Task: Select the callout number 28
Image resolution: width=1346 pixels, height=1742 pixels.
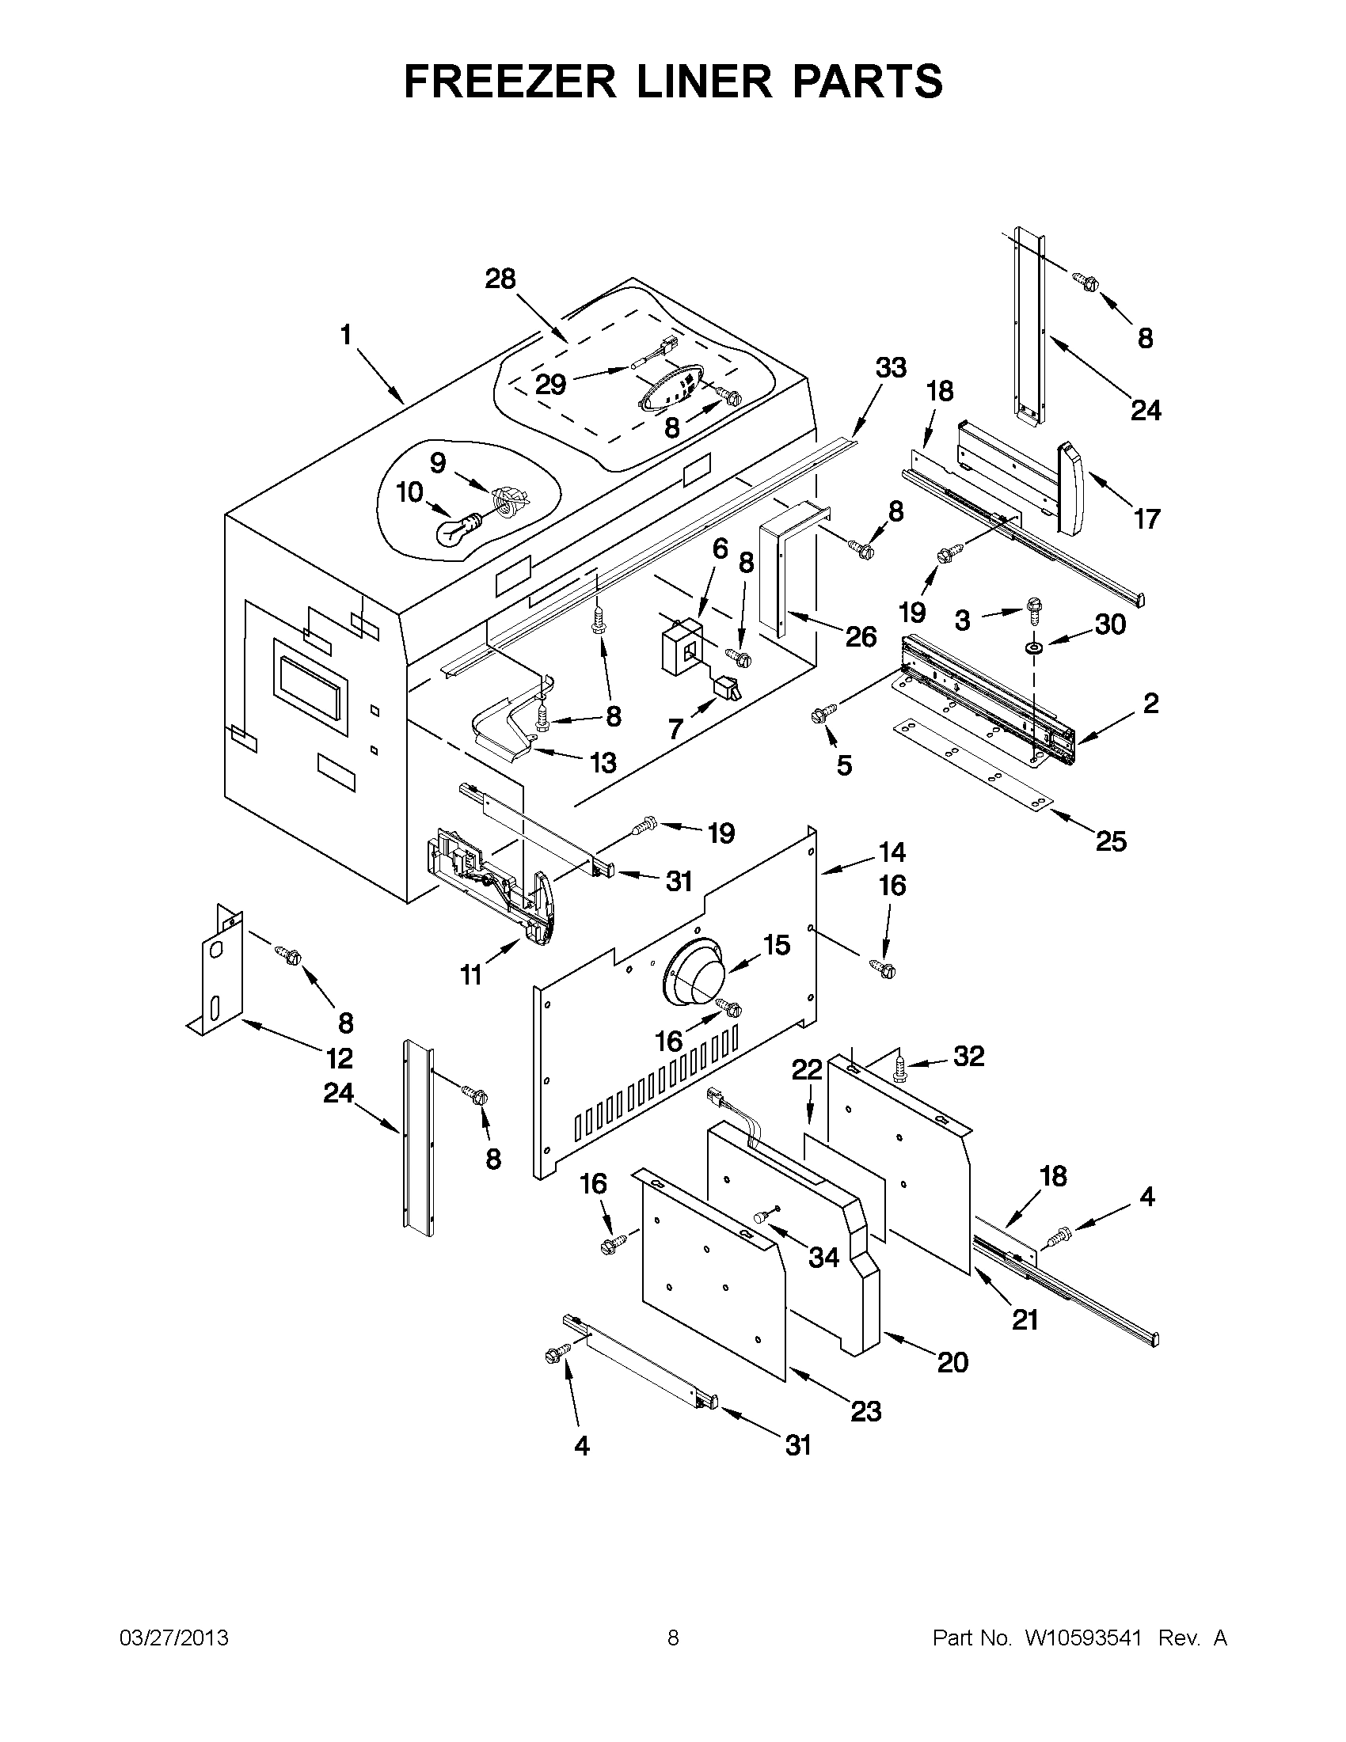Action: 500,279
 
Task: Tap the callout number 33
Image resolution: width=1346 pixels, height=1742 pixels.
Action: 891,368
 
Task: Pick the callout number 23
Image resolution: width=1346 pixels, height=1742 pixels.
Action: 865,1411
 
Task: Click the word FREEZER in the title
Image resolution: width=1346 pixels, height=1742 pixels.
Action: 510,82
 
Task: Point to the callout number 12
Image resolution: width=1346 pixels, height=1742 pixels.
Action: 339,1058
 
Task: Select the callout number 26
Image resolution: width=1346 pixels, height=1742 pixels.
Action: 860,636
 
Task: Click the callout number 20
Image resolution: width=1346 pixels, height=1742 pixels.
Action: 952,1361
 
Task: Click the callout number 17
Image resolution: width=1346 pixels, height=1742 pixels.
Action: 1146,519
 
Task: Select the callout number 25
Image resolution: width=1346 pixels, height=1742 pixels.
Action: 1111,841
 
